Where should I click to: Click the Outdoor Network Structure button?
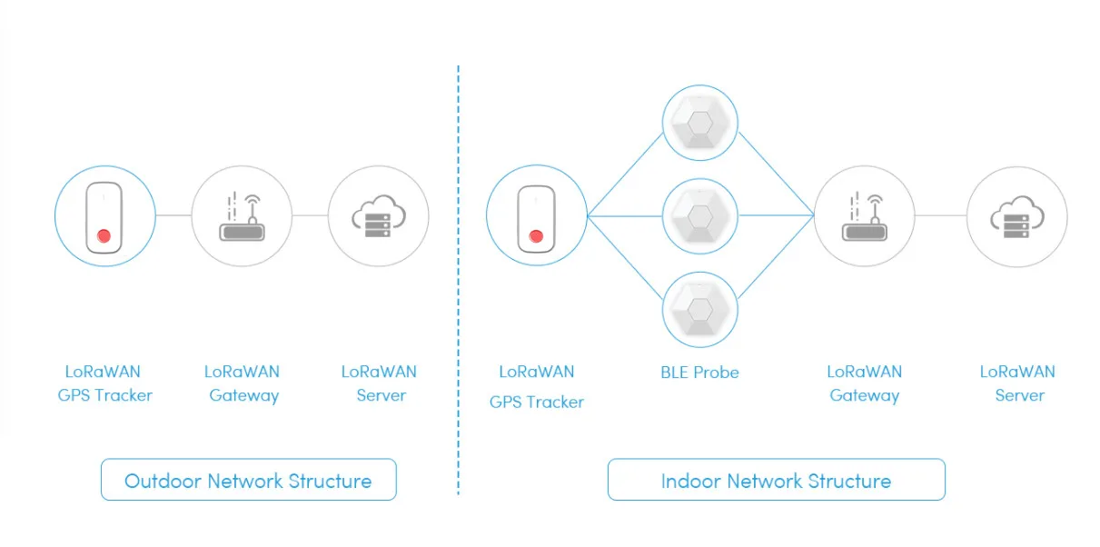pyautogui.click(x=248, y=480)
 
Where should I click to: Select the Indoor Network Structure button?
pyautogui.click(x=776, y=480)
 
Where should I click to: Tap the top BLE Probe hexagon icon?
pyautogui.click(x=699, y=124)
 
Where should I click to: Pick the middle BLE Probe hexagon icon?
pyautogui.click(x=699, y=216)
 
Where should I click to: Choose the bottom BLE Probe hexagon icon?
pyautogui.click(x=699, y=309)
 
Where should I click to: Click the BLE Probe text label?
pyautogui.click(x=699, y=372)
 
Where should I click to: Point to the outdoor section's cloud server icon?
pyautogui.click(x=378, y=216)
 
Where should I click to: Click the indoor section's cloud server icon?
pyautogui.click(x=1016, y=216)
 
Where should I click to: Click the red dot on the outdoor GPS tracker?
pyautogui.click(x=104, y=236)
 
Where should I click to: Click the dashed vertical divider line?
pyautogui.click(x=459, y=273)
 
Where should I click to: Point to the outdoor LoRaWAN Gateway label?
pyautogui.click(x=243, y=383)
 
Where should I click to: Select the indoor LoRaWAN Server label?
pyautogui.click(x=1017, y=383)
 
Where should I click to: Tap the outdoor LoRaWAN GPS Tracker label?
pyautogui.click(x=104, y=383)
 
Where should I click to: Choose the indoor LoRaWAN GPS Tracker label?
pyautogui.click(x=536, y=386)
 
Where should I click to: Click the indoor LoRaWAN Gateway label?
pyautogui.click(x=865, y=383)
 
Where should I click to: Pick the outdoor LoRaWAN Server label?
pyautogui.click(x=379, y=383)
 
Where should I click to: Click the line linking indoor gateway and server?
pyautogui.click(x=940, y=216)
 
